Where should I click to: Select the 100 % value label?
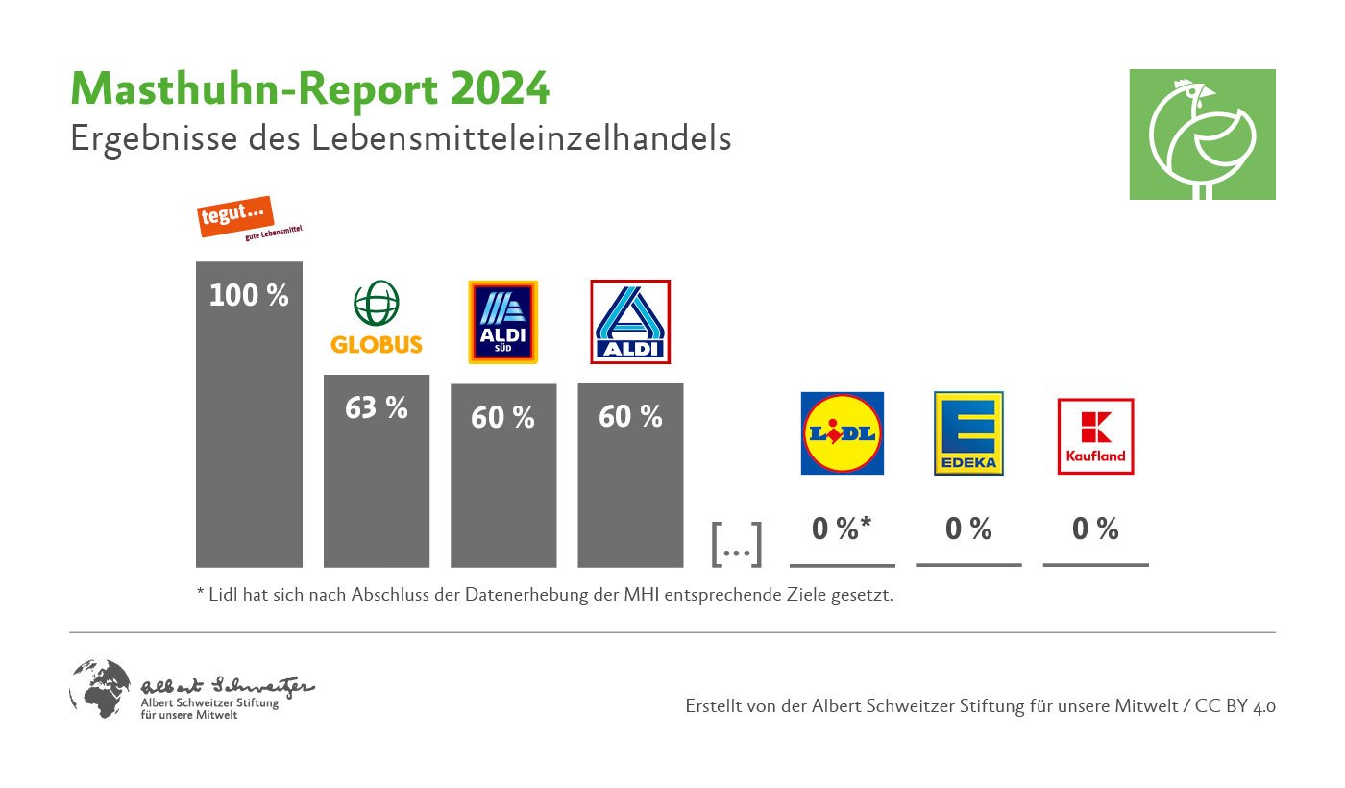coord(249,295)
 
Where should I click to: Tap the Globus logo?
coord(376,318)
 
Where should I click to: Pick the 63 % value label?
coord(376,407)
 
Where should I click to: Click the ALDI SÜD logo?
coord(502,322)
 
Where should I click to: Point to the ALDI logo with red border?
coord(630,322)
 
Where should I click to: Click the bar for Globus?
coord(376,490)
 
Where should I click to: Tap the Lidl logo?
coord(843,433)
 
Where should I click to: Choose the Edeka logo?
coord(968,433)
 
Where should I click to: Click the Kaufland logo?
coord(1095,435)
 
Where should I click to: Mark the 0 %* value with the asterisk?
coord(842,529)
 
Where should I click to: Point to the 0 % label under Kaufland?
coord(1095,529)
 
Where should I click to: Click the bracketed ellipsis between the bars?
coord(736,545)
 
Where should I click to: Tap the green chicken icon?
coord(1202,135)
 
